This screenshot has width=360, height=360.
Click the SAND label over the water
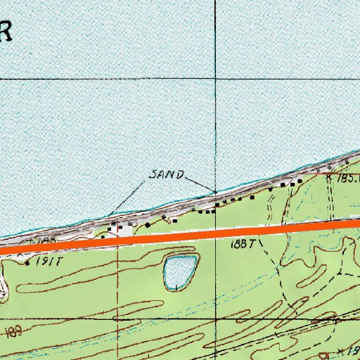click(x=167, y=174)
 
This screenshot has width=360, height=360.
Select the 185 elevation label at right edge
click(x=349, y=179)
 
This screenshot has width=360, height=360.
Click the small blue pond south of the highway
click(x=179, y=271)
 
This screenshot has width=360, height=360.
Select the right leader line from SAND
click(x=201, y=184)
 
